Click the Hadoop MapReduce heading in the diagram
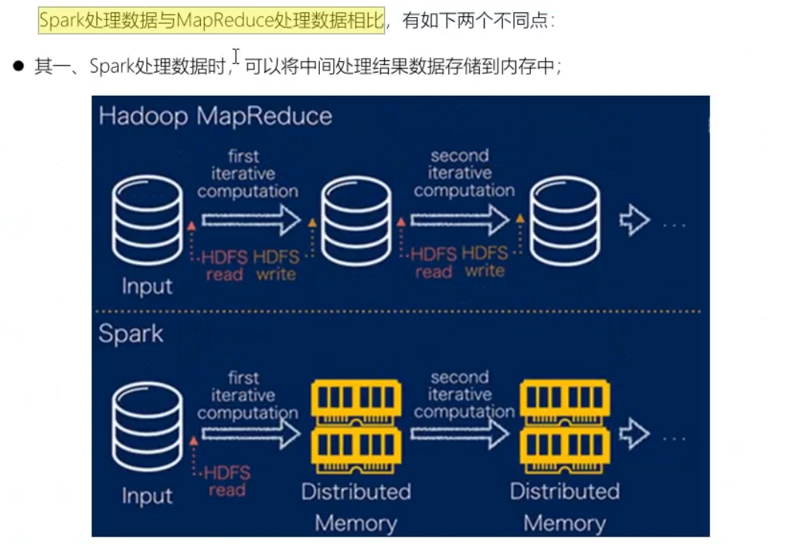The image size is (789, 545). click(x=215, y=116)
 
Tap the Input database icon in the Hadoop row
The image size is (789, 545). click(x=147, y=220)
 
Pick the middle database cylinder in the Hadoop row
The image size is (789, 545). click(x=355, y=220)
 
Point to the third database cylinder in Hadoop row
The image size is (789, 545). click(x=565, y=220)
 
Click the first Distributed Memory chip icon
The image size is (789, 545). click(x=355, y=427)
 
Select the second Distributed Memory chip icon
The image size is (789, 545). click(x=565, y=427)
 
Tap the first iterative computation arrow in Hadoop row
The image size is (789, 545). click(x=250, y=221)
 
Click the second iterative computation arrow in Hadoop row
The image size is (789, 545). click(x=460, y=221)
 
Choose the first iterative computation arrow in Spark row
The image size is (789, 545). click(x=250, y=435)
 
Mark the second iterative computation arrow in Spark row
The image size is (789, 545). click(x=460, y=435)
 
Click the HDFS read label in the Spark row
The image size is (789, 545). click(x=226, y=481)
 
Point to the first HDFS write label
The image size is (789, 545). click(x=276, y=264)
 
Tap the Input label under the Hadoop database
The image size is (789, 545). click(x=147, y=286)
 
